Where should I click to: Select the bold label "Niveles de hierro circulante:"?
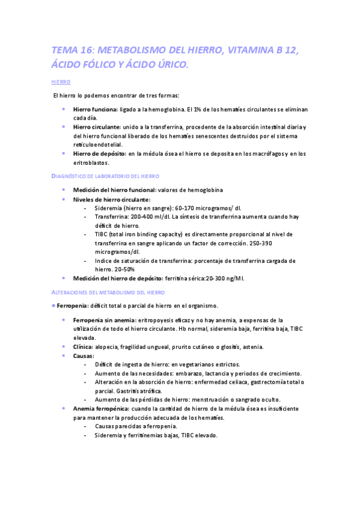click(112, 199)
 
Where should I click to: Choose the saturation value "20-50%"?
click(122, 269)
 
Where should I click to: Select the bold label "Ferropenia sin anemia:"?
click(104, 320)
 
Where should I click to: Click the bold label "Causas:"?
click(84, 355)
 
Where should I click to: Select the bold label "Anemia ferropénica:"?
click(101, 408)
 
